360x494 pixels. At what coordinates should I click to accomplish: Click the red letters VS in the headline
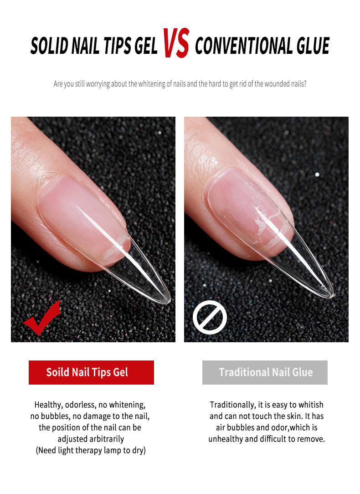[x=176, y=43]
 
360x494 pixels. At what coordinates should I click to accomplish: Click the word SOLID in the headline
[x=49, y=46]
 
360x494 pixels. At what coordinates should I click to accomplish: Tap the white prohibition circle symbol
[x=210, y=317]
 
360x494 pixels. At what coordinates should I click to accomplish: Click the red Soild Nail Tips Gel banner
[x=91, y=372]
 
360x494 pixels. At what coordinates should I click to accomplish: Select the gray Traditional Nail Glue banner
[x=265, y=372]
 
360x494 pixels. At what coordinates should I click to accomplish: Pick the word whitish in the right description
[x=311, y=405]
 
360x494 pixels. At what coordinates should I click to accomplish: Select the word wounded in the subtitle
[x=276, y=84]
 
